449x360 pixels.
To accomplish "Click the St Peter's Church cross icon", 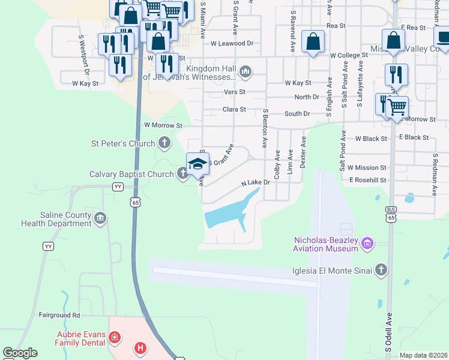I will click(x=164, y=143).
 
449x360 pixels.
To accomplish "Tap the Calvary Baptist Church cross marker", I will click(x=184, y=174).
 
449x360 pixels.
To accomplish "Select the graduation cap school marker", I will click(x=197, y=163).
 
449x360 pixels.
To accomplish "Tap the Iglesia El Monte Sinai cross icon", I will click(x=380, y=271).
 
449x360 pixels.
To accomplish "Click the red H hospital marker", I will click(x=140, y=347).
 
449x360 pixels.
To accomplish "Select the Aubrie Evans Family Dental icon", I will click(x=115, y=339).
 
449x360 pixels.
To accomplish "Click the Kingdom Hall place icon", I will click(x=245, y=73).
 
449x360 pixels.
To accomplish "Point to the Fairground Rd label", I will click(x=59, y=315).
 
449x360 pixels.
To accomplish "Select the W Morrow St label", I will click(x=163, y=125).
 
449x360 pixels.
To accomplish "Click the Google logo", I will click(x=20, y=352).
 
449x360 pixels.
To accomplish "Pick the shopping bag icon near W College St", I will click(x=313, y=42).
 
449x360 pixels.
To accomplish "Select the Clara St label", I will click(x=234, y=110).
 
